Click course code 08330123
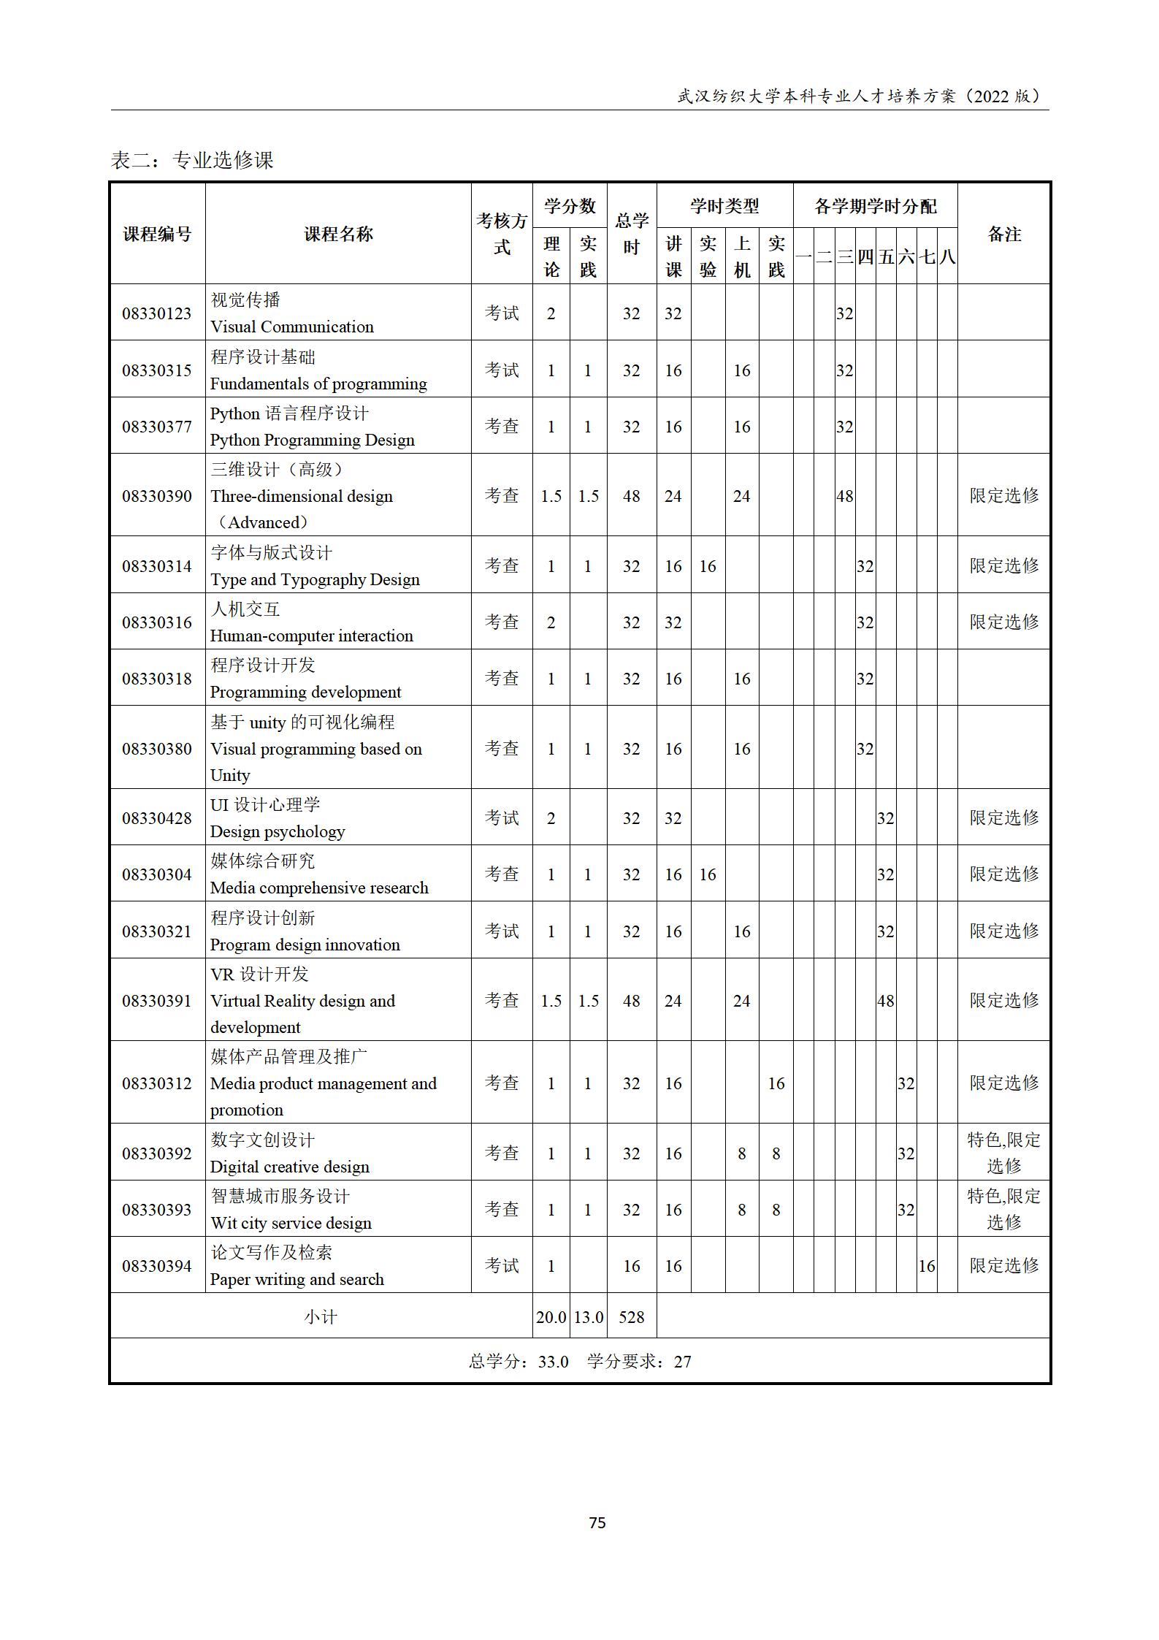pos(156,313)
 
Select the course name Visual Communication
pos(291,327)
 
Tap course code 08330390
pos(156,496)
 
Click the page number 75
pos(597,1522)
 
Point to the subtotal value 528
pos(631,1317)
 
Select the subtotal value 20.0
pos(551,1317)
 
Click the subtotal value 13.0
pos(588,1317)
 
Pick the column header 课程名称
pos(338,234)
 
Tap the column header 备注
pos(1003,234)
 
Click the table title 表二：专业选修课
pos(192,160)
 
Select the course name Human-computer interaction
pos(311,636)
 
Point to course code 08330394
pos(156,1266)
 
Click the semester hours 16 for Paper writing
pos(926,1266)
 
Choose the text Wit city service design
pos(291,1223)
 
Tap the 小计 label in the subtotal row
pos(321,1317)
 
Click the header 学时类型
pos(724,206)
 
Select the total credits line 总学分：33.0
pos(519,1362)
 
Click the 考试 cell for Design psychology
pos(502,818)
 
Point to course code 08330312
pos(156,1083)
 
